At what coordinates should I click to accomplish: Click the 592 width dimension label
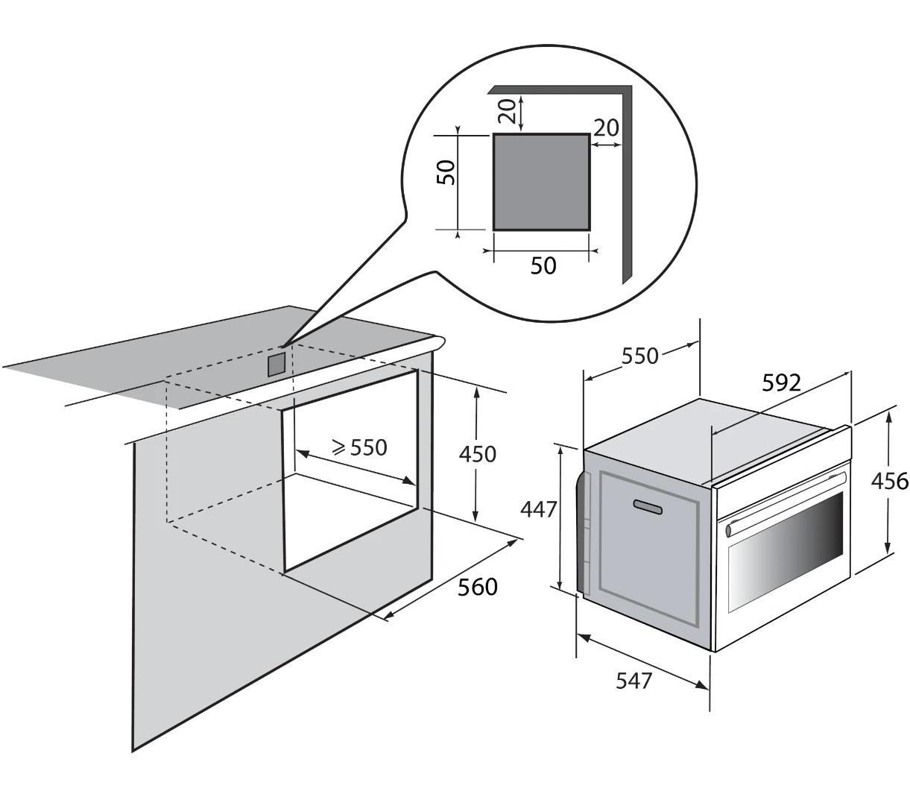pos(781,382)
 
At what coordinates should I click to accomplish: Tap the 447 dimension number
pos(539,509)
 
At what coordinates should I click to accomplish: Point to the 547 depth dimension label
pos(633,681)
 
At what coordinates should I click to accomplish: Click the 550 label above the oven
pos(639,356)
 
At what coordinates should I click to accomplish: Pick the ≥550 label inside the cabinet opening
pos(360,447)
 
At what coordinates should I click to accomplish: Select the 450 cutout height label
pos(478,454)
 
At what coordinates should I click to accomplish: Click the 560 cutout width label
pos(478,587)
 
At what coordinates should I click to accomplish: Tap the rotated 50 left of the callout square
pos(446,172)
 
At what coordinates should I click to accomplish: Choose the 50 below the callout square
pos(543,265)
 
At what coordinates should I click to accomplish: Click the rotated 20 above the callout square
pos(507,111)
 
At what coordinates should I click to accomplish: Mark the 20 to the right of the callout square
pos(606,127)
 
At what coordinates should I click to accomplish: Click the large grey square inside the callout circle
pos(541,181)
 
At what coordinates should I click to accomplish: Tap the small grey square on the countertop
pos(276,365)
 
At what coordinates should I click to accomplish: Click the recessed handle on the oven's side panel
pos(647,506)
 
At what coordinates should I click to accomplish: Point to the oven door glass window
pos(786,552)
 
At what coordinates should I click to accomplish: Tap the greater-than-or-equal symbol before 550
pos(339,448)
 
